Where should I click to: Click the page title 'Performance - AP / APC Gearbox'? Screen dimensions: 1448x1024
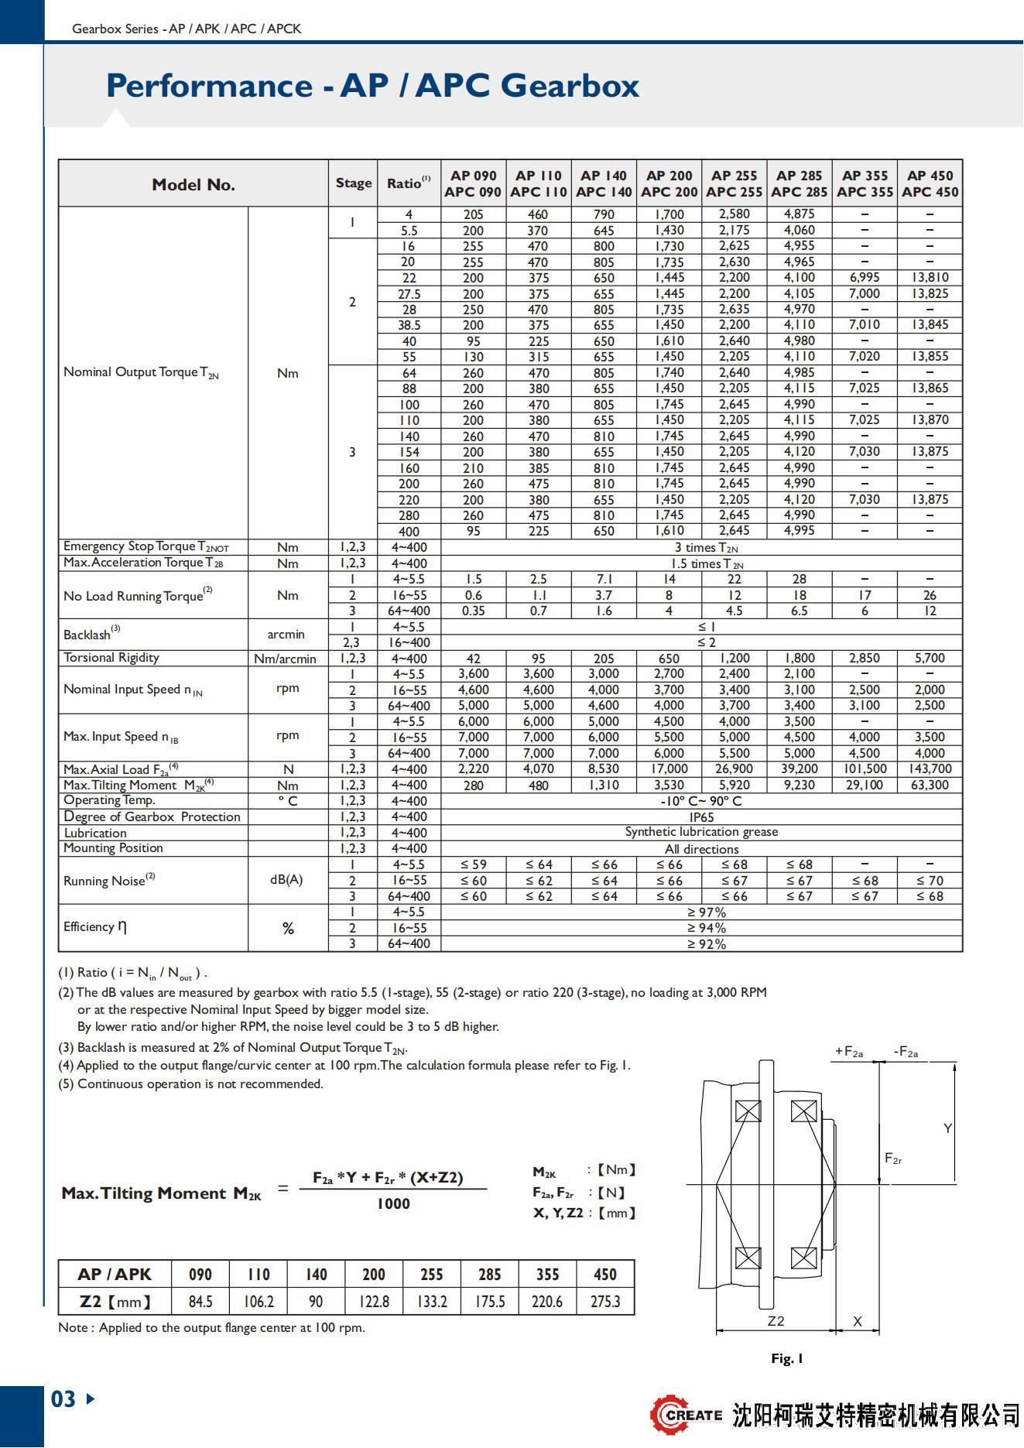[372, 85]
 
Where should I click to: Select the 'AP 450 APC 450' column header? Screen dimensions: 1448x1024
[930, 184]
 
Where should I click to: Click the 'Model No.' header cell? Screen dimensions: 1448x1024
[193, 184]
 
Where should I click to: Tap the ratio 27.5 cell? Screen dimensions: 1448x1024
[409, 294]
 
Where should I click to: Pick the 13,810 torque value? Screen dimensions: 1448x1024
[930, 278]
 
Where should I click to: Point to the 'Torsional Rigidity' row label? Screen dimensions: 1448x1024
[111, 658]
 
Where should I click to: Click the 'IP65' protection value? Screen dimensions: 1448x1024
[701, 817]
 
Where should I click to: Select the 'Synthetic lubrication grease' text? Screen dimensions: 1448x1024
[701, 832]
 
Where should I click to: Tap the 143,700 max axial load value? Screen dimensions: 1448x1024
[930, 769]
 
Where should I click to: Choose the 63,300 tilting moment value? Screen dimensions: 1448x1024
[930, 786]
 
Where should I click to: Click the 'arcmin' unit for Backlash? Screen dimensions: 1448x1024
[286, 635]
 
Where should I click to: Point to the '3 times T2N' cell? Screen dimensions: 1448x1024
[706, 548]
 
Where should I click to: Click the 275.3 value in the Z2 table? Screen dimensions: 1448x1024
[605, 1302]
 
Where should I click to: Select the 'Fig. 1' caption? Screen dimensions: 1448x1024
[787, 1358]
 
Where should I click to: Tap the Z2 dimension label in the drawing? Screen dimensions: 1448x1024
[776, 1321]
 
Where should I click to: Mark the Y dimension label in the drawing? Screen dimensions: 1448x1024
[947, 1128]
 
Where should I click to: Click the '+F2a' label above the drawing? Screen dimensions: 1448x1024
[849, 1052]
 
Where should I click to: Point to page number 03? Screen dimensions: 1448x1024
[63, 1399]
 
